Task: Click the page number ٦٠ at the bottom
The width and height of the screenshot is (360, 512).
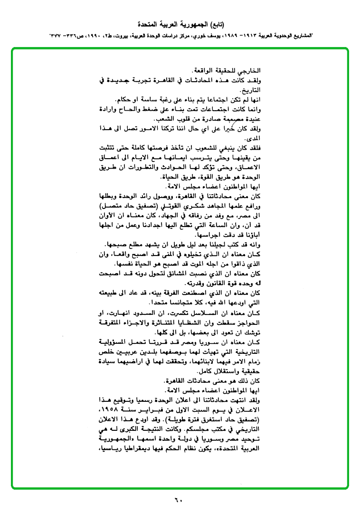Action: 178,500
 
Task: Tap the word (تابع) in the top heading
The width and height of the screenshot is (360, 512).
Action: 215,24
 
